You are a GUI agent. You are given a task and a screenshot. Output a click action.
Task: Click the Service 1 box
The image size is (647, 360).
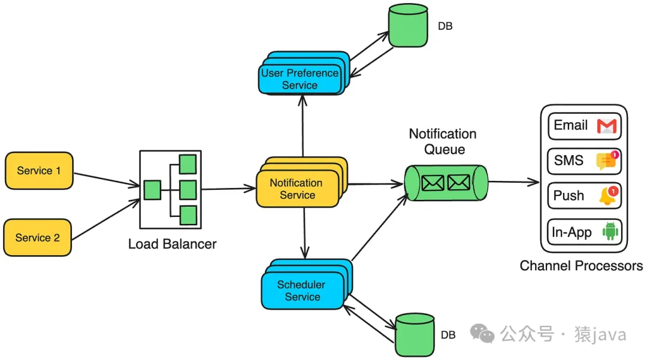[39, 170]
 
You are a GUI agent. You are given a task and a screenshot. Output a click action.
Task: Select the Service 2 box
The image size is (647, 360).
[38, 238]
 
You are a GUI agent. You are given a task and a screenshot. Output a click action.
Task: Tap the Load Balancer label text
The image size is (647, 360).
[173, 244]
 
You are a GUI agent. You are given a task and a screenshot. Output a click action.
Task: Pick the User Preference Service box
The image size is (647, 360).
[300, 79]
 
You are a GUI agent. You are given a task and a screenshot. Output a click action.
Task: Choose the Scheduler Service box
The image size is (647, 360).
[301, 291]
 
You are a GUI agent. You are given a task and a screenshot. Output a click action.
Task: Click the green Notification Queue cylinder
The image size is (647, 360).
[446, 182]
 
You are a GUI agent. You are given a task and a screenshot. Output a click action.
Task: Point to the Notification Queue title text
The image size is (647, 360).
[443, 141]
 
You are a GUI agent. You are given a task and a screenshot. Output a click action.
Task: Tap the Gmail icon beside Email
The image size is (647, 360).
[606, 126]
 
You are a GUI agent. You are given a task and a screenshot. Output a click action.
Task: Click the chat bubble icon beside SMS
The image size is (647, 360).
[607, 161]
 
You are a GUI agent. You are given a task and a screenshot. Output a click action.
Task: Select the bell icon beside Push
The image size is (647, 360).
[607, 196]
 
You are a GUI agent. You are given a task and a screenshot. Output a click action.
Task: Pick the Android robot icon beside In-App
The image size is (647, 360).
[610, 231]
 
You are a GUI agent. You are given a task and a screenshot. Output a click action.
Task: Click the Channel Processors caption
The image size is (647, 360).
[581, 265]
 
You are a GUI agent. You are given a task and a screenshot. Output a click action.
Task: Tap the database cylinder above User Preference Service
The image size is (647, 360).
[407, 26]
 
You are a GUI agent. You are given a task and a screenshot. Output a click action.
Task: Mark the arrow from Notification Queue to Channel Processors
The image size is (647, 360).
[513, 181]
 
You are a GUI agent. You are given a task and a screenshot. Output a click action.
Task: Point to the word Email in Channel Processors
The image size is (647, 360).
[570, 125]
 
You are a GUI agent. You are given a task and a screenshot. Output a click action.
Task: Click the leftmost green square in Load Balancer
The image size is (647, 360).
[152, 190]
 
